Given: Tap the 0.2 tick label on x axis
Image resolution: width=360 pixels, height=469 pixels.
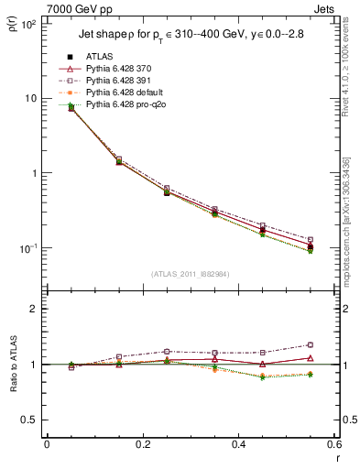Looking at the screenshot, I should click(x=142, y=444).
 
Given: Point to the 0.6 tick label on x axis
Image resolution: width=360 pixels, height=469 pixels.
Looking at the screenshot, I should click(x=333, y=444).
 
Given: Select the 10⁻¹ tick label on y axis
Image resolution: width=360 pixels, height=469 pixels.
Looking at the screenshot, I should click(x=25, y=248).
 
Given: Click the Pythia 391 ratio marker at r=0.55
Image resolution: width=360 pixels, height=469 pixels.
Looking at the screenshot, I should click(x=311, y=345).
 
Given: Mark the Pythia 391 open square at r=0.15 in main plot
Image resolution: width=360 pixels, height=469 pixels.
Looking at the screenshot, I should click(x=118, y=159).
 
